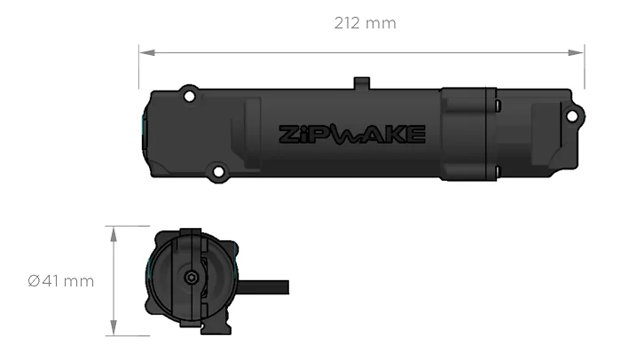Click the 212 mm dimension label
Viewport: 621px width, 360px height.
(x=366, y=22)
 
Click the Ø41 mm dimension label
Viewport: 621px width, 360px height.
(x=61, y=281)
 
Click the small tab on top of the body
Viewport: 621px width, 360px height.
(x=360, y=82)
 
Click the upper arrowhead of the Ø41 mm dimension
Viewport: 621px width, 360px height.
(x=114, y=235)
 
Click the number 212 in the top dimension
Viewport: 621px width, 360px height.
(x=349, y=22)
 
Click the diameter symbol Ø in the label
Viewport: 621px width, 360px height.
(x=33, y=281)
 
